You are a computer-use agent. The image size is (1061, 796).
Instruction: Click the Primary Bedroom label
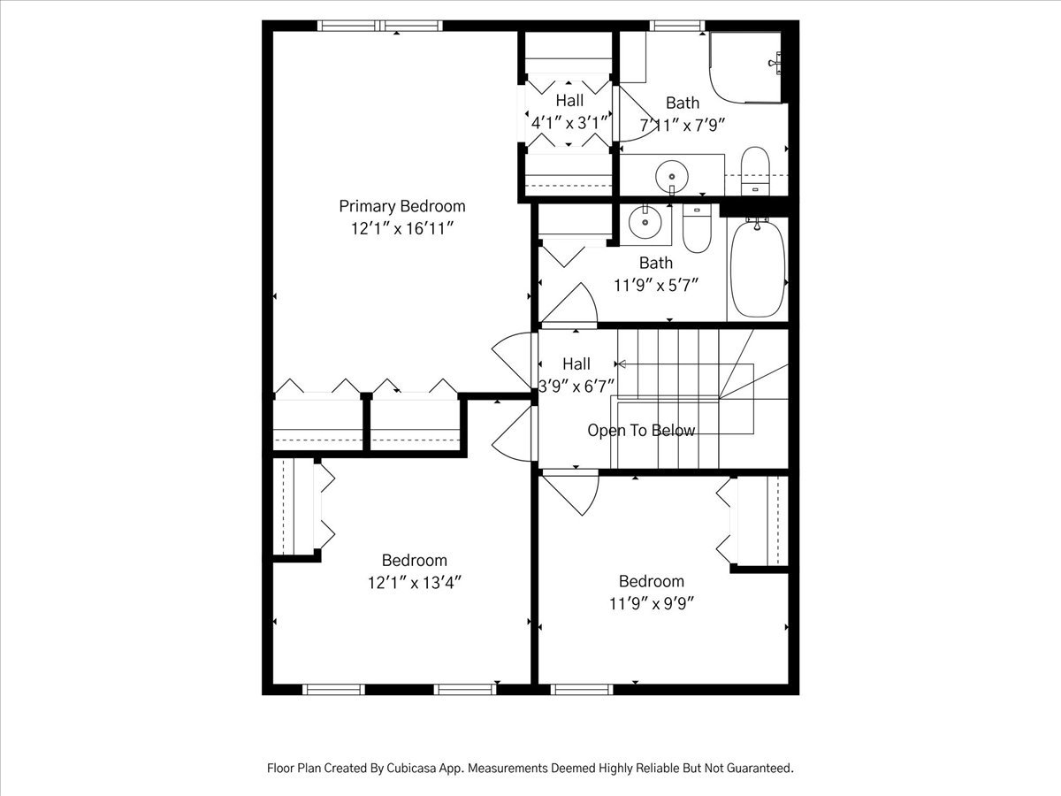(402, 206)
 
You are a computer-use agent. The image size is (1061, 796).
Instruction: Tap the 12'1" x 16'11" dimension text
(402, 228)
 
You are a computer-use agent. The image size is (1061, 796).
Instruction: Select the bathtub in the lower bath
(758, 269)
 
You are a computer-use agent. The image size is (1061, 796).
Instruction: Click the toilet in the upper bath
(755, 171)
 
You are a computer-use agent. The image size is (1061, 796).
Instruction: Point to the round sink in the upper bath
(672, 176)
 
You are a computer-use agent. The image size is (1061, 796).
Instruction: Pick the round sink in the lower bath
(645, 222)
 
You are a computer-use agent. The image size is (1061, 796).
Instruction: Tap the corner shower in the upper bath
(745, 67)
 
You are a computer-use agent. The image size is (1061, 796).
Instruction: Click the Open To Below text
(641, 430)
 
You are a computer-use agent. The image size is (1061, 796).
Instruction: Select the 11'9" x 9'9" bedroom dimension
(652, 604)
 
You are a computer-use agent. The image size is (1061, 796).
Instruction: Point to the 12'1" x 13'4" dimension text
(415, 583)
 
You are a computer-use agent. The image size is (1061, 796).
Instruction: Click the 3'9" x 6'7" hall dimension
(576, 387)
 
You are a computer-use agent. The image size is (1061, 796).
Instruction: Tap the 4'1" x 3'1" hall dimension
(569, 123)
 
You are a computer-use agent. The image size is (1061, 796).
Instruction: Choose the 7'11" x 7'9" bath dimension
(683, 126)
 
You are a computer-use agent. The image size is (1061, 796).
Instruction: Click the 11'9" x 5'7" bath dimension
(656, 285)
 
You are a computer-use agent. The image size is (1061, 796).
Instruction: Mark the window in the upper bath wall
(676, 26)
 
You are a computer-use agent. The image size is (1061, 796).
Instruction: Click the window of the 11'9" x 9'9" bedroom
(582, 689)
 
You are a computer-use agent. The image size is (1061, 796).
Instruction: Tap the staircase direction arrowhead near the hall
(622, 364)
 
